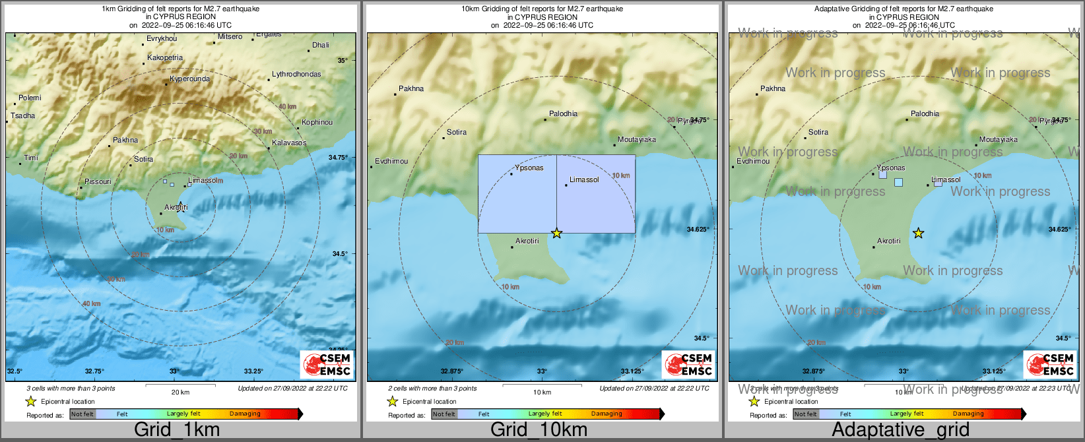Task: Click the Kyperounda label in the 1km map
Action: point(189,79)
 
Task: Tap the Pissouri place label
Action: point(98,181)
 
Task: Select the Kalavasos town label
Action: point(289,142)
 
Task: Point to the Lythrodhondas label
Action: point(296,74)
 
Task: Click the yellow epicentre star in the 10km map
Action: point(556,233)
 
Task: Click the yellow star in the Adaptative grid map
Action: point(918,233)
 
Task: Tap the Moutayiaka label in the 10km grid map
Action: point(636,139)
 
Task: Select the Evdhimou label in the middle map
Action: point(391,161)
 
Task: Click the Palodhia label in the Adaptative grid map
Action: point(925,113)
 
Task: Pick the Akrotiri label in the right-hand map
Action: point(888,241)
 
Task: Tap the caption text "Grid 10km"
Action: point(539,429)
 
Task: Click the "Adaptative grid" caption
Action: point(900,429)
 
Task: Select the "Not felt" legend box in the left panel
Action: point(82,414)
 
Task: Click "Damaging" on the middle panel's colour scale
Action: point(607,414)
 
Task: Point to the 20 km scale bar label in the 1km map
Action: point(180,392)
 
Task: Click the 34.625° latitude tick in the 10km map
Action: point(698,230)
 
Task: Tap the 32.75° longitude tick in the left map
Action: point(94,371)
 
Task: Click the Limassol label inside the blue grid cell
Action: point(584,179)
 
